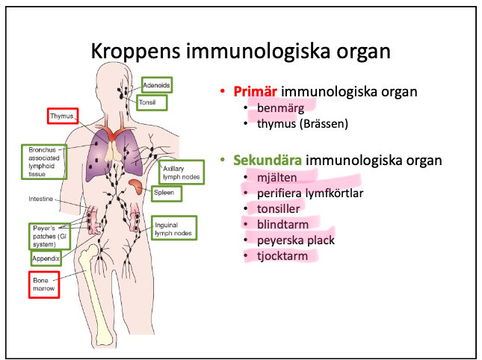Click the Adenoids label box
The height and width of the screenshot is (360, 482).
[156, 85]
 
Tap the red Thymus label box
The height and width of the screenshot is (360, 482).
[62, 117]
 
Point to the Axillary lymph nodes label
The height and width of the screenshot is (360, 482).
[181, 173]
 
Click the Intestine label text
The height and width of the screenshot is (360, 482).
[40, 199]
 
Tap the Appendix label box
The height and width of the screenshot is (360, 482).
[45, 258]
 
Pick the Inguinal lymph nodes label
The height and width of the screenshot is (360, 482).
[173, 229]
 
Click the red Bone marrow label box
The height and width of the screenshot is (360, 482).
[43, 285]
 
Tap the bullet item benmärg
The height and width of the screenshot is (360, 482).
[280, 108]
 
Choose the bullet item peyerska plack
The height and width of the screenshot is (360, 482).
[295, 240]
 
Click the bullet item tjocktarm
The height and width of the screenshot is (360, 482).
[282, 256]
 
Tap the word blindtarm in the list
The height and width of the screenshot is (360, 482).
[282, 224]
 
